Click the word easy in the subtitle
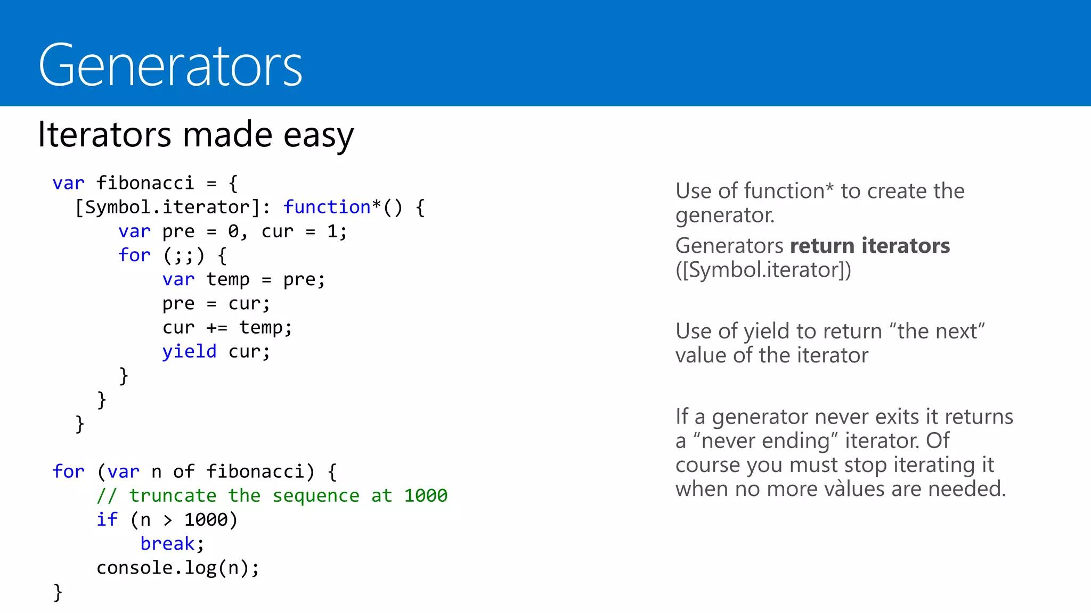pos(318,135)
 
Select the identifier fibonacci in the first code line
pos(145,183)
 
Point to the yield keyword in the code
pos(189,352)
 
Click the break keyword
pos(167,544)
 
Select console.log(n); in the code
pos(178,568)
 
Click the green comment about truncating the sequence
pos(272,496)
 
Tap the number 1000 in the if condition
pos(206,520)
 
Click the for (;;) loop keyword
pos(134,255)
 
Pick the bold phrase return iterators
pos(869,246)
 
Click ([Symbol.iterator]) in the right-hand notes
pos(763,270)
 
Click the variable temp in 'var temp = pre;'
pos(227,279)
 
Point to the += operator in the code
pos(217,328)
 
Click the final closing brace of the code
pos(58,592)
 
